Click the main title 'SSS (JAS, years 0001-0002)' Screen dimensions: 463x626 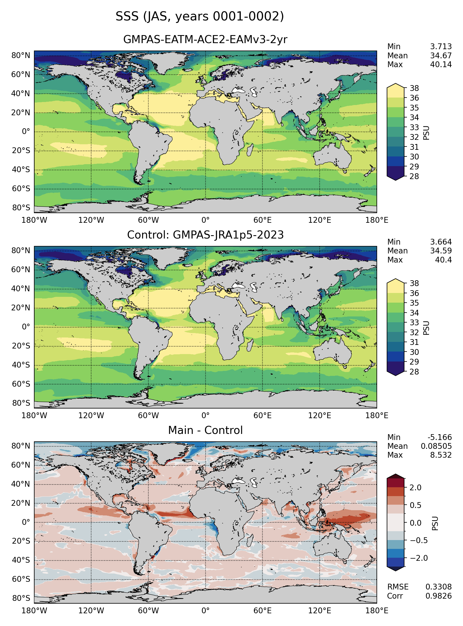click(200, 16)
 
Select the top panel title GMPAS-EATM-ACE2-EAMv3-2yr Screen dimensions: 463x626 click(205, 40)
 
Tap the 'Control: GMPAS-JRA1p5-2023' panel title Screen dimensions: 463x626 click(205, 235)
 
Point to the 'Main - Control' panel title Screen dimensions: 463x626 click(205, 430)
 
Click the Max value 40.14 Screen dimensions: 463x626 click(441, 65)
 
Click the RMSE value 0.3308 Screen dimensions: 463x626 click(438, 587)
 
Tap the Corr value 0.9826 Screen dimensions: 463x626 click(438, 596)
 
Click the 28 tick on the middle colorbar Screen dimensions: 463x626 click(414, 372)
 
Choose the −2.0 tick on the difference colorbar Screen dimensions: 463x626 click(419, 558)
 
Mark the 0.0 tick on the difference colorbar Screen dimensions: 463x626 click(415, 523)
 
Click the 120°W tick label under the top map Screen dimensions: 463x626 click(91, 220)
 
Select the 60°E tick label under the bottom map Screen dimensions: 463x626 click(262, 611)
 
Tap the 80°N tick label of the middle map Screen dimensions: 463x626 click(20, 251)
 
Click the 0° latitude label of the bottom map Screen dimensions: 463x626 click(26, 522)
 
